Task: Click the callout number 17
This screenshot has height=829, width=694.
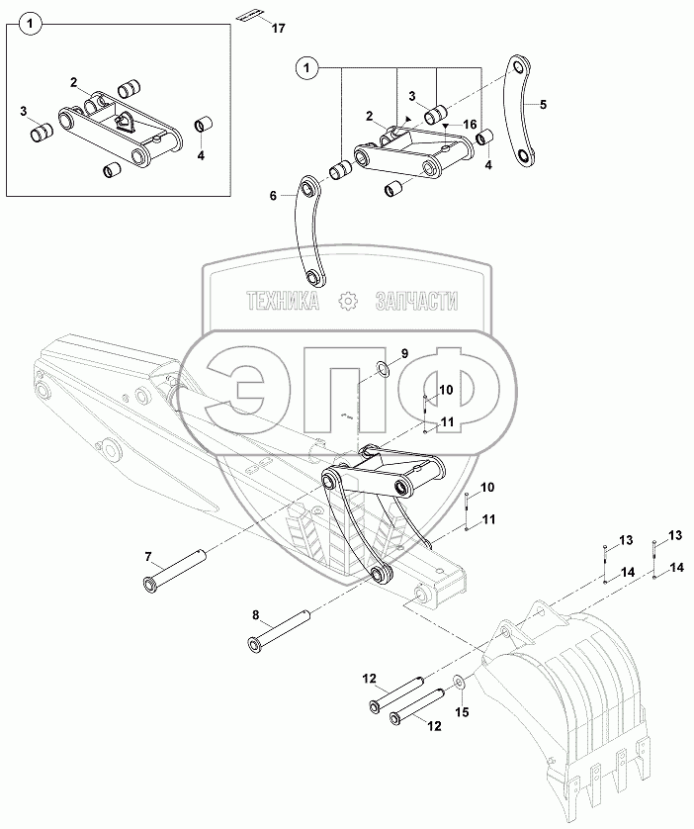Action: click(x=278, y=29)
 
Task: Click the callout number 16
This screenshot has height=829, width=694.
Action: click(x=471, y=124)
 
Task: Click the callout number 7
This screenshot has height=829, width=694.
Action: click(x=148, y=557)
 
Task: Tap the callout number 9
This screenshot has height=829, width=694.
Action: click(x=402, y=352)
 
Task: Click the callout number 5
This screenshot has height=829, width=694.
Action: click(x=543, y=102)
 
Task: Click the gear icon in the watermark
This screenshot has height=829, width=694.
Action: click(x=347, y=302)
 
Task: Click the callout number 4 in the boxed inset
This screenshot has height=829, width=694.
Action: click(x=202, y=155)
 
